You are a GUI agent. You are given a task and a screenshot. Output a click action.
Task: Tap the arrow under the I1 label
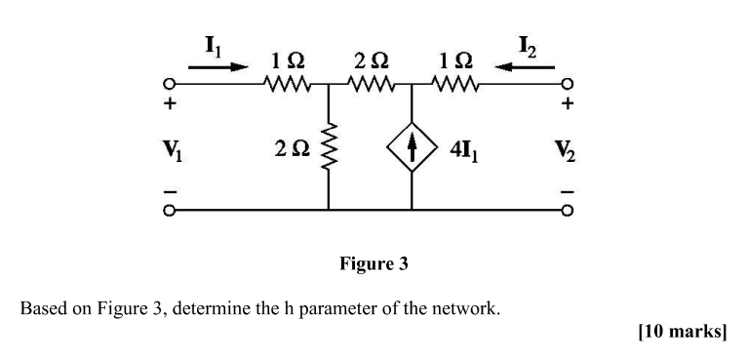[x=213, y=67]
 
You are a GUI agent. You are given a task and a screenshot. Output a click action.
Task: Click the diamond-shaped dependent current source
[x=413, y=151]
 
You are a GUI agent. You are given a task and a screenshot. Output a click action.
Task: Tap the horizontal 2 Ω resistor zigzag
[x=372, y=85]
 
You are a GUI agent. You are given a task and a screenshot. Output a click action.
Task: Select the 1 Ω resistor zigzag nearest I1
[x=288, y=85]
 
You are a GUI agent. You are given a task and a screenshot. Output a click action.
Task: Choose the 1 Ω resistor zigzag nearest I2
[x=453, y=85]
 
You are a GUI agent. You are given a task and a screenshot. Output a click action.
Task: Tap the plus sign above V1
[x=169, y=102]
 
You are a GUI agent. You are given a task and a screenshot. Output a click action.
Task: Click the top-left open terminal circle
[x=169, y=84]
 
